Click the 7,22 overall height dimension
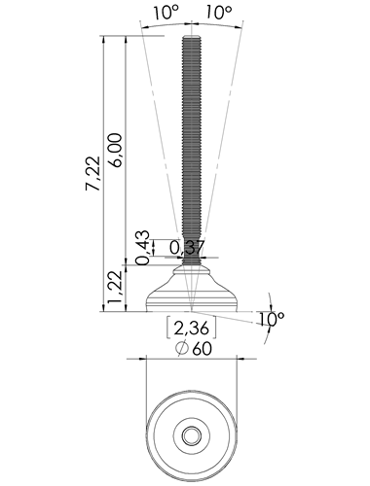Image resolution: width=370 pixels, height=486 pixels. (x=93, y=173)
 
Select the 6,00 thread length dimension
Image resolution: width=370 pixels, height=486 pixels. (x=115, y=150)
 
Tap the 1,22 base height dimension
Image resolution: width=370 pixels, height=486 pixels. (x=115, y=288)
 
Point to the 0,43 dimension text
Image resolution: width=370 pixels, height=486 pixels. (x=143, y=248)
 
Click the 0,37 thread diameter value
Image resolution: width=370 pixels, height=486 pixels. (x=187, y=248)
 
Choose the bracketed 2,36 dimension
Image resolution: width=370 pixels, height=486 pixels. (x=191, y=329)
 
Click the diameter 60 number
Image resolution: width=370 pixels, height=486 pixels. (x=202, y=349)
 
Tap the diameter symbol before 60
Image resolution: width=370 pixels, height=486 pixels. (x=182, y=348)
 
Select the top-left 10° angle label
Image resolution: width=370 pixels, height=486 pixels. (x=166, y=13)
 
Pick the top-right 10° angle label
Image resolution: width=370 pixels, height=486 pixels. (x=219, y=13)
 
